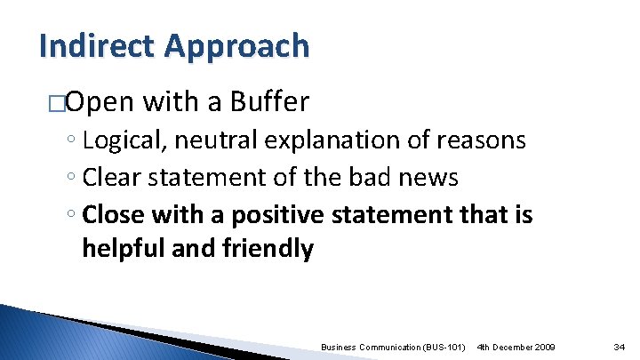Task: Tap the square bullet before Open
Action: coord(58,103)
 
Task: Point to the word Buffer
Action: coord(269,102)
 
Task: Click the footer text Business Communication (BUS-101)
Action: coord(394,345)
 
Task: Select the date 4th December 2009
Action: coord(516,345)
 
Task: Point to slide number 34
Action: coord(620,345)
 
